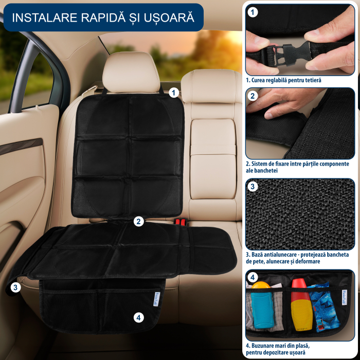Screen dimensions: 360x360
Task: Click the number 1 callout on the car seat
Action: click(173, 93)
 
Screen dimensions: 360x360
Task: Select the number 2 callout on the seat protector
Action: click(138, 222)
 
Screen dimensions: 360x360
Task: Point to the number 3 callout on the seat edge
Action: click(15, 287)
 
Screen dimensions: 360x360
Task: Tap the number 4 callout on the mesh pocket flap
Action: click(138, 317)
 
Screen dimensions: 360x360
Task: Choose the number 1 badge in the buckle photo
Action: click(253, 11)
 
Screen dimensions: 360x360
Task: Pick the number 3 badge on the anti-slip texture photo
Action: click(253, 186)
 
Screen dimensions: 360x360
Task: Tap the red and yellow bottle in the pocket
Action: click(299, 303)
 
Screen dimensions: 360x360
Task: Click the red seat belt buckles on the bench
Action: click(179, 222)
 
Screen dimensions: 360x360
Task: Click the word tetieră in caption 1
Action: click(311, 80)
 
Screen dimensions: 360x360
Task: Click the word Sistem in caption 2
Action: click(262, 164)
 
